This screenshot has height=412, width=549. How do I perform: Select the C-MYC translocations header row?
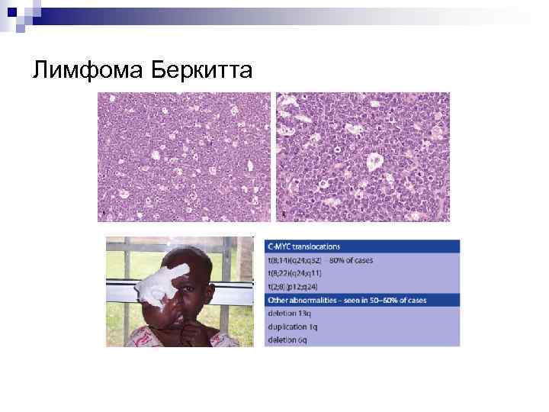coord(362,246)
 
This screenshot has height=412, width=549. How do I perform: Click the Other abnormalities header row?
coord(362,299)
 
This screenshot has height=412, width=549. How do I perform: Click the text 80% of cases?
coord(352,260)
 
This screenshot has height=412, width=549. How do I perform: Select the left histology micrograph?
coord(184,157)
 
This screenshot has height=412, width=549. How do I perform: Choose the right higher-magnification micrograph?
coord(363,157)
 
